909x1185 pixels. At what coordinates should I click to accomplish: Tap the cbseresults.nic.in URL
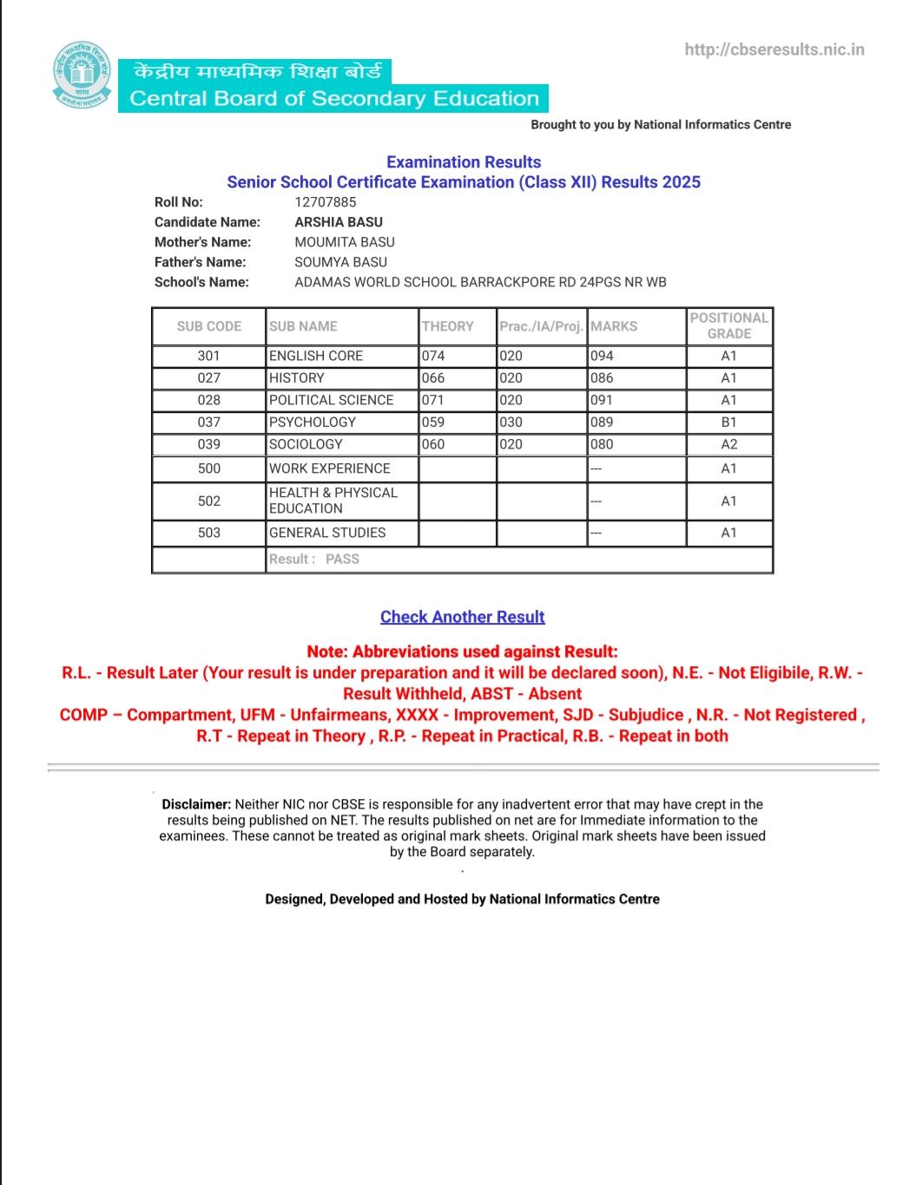[x=774, y=49]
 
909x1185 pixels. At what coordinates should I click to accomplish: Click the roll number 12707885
[x=326, y=202]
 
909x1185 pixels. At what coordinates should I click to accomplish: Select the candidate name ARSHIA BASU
[x=339, y=222]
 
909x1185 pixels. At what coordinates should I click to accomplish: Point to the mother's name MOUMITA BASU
[x=345, y=242]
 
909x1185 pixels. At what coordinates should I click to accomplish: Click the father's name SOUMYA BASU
[x=341, y=262]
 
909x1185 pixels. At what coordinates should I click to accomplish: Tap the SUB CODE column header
[x=209, y=326]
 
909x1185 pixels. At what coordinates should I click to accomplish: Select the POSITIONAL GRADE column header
[x=729, y=326]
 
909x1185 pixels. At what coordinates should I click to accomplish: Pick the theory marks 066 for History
[x=433, y=378]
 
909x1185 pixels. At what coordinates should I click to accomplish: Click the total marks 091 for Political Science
[x=602, y=400]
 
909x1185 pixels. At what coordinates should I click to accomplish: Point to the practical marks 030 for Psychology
[x=511, y=422]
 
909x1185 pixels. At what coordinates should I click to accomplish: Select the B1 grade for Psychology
[x=729, y=422]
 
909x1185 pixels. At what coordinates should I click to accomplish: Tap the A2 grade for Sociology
[x=729, y=444]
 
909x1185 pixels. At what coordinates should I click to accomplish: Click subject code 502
[x=209, y=501]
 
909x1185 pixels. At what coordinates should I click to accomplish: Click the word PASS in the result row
[x=342, y=560]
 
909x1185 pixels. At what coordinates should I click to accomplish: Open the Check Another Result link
[x=462, y=617]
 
